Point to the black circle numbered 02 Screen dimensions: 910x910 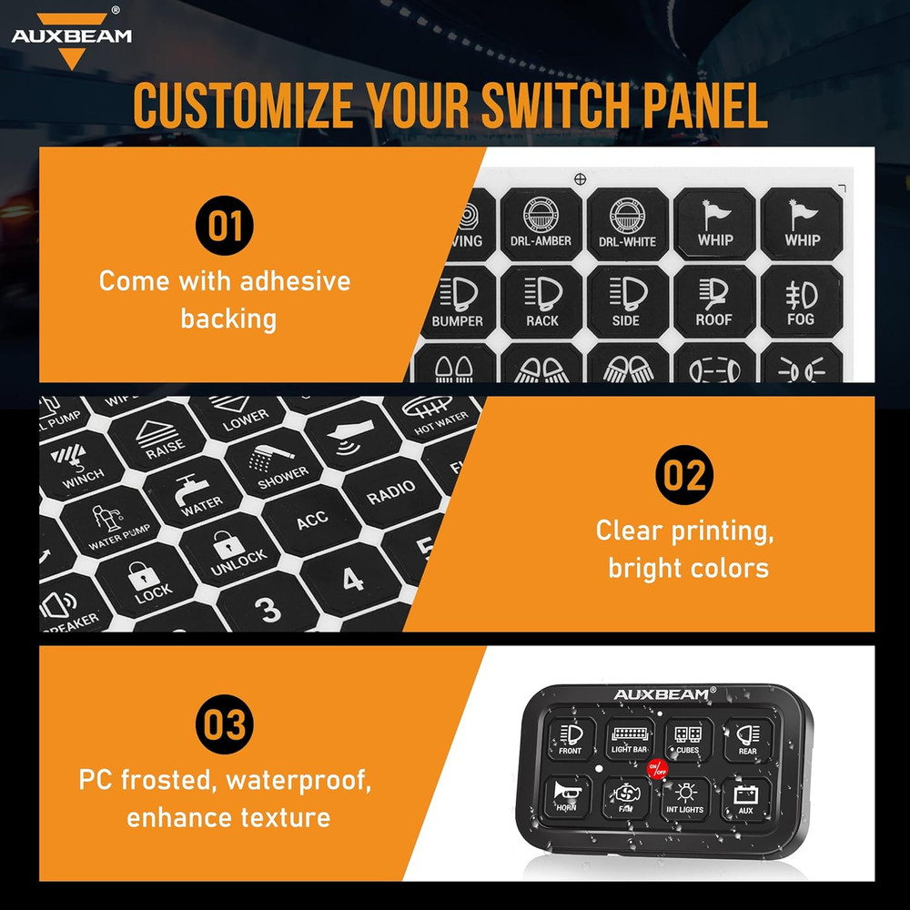(684, 475)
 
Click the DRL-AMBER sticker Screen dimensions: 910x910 (541, 223)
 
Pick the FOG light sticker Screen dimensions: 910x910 (800, 302)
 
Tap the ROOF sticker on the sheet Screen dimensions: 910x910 (714, 302)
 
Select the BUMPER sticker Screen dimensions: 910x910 (456, 302)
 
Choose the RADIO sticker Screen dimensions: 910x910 (390, 492)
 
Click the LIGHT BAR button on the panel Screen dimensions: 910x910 (630, 739)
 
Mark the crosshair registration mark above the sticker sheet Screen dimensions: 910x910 (580, 179)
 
